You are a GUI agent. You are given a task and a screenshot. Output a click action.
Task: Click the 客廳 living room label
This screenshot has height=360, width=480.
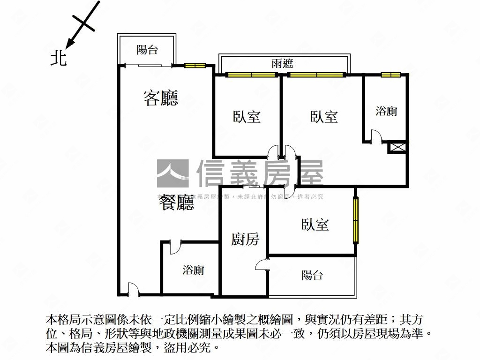pyautogui.click(x=160, y=98)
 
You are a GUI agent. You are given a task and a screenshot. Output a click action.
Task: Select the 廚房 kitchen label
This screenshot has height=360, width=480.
pyautogui.click(x=245, y=240)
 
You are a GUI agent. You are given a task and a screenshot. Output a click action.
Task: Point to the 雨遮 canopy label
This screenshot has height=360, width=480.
pyautogui.click(x=282, y=63)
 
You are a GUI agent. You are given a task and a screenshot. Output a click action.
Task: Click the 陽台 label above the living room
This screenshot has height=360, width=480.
pyautogui.click(x=147, y=50)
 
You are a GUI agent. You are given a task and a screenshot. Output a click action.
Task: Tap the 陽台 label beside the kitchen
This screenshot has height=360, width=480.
pyautogui.click(x=312, y=275)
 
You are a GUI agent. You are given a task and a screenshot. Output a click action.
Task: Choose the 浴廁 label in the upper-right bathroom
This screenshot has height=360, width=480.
pyautogui.click(x=386, y=111)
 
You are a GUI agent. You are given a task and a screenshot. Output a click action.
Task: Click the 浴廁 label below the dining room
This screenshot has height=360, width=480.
pyautogui.click(x=193, y=270)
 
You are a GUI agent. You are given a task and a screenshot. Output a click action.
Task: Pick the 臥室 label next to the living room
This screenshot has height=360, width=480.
pyautogui.click(x=247, y=116)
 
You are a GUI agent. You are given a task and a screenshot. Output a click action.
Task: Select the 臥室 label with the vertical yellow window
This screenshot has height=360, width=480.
pyautogui.click(x=315, y=225)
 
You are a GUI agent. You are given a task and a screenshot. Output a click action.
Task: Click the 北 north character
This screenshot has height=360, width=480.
pyautogui.click(x=59, y=58)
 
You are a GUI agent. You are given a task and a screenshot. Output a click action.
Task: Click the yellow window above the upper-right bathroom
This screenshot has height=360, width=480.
pyautogui.click(x=390, y=74)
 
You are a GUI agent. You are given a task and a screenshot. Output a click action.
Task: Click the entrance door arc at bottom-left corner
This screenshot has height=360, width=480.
pyautogui.click(x=133, y=289)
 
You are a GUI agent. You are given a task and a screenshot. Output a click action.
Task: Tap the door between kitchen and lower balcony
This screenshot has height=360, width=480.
pyautogui.click(x=261, y=265)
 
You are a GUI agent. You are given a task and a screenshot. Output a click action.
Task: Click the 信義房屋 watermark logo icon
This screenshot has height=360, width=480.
pyautogui.click(x=172, y=173)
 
